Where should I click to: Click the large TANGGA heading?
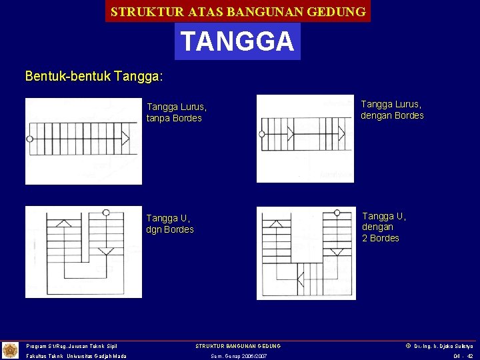[237, 41]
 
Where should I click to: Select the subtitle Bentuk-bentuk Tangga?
[94, 76]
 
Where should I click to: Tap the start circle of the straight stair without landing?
[29, 139]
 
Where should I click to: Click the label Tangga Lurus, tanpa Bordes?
[177, 113]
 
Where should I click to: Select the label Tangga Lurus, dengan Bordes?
[392, 109]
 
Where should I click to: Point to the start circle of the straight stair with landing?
[262, 134]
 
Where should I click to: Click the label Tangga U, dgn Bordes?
[170, 224]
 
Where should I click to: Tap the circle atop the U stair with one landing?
[106, 213]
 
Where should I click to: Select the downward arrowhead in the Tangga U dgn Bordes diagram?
[106, 251]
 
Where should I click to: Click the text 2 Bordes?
[381, 238]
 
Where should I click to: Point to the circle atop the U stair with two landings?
[337, 213]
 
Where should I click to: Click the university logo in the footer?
[11, 350]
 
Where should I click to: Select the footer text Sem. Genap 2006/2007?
[239, 357]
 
